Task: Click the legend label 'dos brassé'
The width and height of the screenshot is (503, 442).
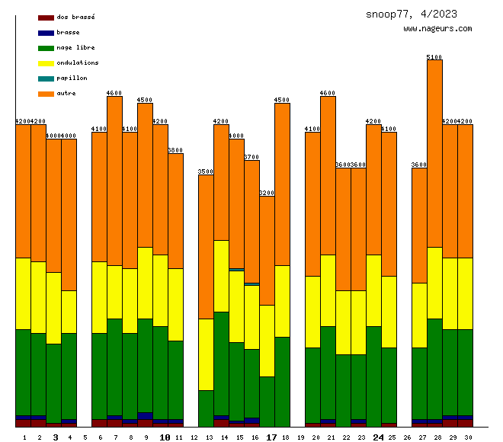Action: click(75, 17)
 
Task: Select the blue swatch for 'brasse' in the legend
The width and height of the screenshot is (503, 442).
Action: click(46, 33)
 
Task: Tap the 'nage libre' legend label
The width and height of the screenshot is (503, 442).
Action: click(75, 47)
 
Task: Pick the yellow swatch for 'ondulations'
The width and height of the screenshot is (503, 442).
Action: click(46, 63)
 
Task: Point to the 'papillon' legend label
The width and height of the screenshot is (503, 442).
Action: click(72, 78)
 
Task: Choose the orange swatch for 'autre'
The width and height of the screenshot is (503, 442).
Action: click(46, 94)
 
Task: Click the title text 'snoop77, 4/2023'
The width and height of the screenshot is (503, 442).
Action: click(412, 14)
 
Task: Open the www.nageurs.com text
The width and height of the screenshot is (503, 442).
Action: click(437, 29)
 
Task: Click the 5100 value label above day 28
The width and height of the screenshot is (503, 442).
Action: click(434, 57)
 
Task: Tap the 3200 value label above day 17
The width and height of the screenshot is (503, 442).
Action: click(267, 193)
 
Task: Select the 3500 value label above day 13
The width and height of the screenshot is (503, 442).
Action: click(206, 171)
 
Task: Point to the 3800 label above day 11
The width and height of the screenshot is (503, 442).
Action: click(175, 150)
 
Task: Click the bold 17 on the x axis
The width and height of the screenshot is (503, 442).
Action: click(272, 437)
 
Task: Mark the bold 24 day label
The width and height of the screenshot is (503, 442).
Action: click(379, 437)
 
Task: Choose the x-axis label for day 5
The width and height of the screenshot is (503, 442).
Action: click(85, 437)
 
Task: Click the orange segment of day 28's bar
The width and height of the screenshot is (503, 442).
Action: click(434, 152)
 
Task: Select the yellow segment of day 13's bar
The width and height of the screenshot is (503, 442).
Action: click(206, 354)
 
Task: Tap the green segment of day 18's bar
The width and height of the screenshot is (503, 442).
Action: click(282, 381)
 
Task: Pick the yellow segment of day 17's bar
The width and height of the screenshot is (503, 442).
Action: click(267, 341)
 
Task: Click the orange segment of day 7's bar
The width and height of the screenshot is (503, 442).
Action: click(114, 181)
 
